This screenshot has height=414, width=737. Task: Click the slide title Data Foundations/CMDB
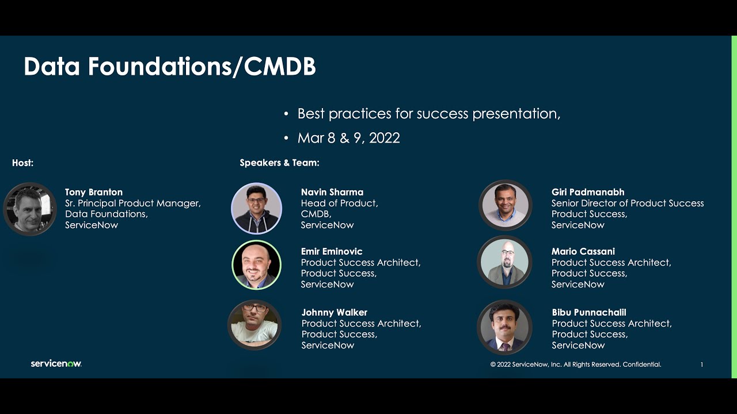click(170, 67)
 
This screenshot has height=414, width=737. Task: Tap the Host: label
click(23, 163)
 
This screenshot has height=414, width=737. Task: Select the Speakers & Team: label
click(279, 163)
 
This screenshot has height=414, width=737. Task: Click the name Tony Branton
click(94, 192)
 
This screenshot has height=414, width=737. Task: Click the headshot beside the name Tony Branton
click(30, 209)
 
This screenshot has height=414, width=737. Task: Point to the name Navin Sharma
click(332, 192)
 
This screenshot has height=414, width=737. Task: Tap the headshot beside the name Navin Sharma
click(257, 208)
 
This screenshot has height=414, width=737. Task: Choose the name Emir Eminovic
click(332, 251)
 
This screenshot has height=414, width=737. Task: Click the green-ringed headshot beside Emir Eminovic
click(257, 265)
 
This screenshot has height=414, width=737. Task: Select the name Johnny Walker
click(335, 312)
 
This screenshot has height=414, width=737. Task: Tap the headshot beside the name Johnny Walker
click(254, 325)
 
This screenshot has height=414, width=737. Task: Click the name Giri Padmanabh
click(588, 192)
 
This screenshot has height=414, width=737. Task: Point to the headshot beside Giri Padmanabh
click(505, 205)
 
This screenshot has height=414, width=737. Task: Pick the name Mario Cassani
click(583, 251)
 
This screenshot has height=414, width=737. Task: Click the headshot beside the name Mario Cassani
click(504, 263)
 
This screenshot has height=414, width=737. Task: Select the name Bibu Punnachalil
click(589, 312)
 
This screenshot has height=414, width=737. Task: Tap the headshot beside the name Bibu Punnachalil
click(504, 327)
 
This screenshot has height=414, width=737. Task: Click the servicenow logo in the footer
click(56, 363)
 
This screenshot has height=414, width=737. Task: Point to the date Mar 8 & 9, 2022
click(348, 138)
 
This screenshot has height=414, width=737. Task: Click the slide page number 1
click(701, 365)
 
